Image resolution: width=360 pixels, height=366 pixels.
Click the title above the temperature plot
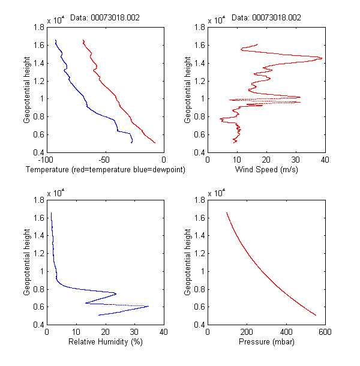105,18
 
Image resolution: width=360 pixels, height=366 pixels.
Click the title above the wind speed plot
266,18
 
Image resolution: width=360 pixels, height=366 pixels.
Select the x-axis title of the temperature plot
105,170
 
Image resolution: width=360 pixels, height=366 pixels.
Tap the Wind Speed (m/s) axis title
266,170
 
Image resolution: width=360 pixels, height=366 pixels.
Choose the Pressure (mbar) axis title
266,343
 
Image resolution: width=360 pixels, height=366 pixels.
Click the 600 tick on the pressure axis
325,332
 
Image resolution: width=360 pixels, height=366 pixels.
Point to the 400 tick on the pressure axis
286,332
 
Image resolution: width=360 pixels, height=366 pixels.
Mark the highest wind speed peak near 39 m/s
322,58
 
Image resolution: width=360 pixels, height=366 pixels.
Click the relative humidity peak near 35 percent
148,307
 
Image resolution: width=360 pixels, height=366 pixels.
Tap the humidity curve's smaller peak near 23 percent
116,293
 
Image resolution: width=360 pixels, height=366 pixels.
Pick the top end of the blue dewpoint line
55,40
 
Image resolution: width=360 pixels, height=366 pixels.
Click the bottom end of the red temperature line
155,143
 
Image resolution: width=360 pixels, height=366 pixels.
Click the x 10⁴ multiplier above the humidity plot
55,192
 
